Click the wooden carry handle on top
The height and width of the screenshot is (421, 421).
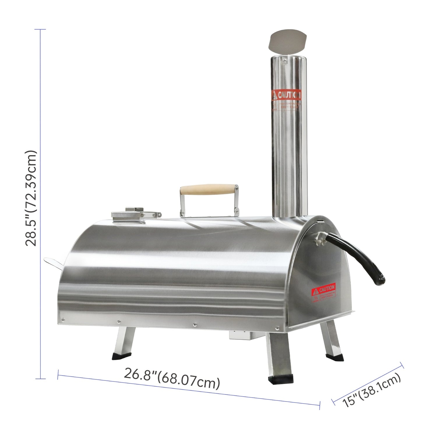point(209,190)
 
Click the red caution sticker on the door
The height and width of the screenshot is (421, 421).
point(323,292)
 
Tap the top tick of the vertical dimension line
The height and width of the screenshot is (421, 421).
point(40,29)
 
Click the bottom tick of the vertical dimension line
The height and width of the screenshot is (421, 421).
point(40,379)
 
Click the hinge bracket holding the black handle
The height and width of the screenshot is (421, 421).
point(320,237)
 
